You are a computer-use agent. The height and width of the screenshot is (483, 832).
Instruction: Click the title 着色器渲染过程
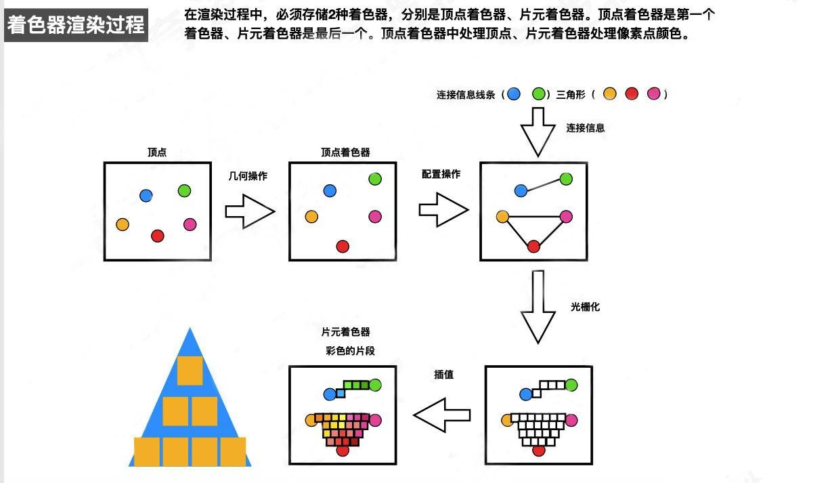pyautogui.click(x=76, y=25)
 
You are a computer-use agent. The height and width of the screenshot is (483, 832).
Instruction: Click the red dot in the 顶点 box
pyautogui.click(x=158, y=236)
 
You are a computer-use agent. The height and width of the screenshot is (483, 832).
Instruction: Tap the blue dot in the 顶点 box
pyautogui.click(x=146, y=196)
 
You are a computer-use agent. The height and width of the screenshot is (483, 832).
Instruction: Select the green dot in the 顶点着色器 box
pyautogui.click(x=375, y=179)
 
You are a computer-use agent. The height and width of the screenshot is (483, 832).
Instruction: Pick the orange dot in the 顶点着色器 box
pyautogui.click(x=311, y=217)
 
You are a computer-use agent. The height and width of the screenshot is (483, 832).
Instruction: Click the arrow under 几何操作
pyautogui.click(x=249, y=211)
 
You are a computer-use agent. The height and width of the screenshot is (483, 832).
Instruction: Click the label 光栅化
pyautogui.click(x=585, y=307)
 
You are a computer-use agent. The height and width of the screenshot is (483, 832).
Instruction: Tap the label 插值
pyautogui.click(x=443, y=375)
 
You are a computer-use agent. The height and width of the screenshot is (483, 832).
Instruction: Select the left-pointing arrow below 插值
pyautogui.click(x=441, y=415)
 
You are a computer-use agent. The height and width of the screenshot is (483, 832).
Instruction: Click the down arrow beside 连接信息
pyautogui.click(x=538, y=131)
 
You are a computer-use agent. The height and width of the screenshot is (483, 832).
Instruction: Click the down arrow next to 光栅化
pyautogui.click(x=538, y=307)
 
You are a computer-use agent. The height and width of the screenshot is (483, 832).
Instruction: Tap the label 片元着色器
pyautogui.click(x=345, y=332)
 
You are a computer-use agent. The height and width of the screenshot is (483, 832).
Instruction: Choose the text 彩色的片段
pyautogui.click(x=350, y=351)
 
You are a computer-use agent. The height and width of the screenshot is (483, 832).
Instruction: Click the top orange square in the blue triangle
pyautogui.click(x=190, y=370)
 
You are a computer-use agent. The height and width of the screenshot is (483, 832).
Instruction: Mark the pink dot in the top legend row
pyautogui.click(x=653, y=94)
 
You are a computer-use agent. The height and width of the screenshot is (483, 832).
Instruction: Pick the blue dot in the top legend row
pyautogui.click(x=514, y=94)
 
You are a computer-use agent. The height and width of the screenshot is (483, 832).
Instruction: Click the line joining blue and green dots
pyautogui.click(x=543, y=185)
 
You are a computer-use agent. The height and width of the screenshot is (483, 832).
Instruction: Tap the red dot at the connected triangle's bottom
pyautogui.click(x=533, y=247)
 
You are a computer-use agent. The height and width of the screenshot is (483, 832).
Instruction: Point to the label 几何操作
pyautogui.click(x=248, y=176)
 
